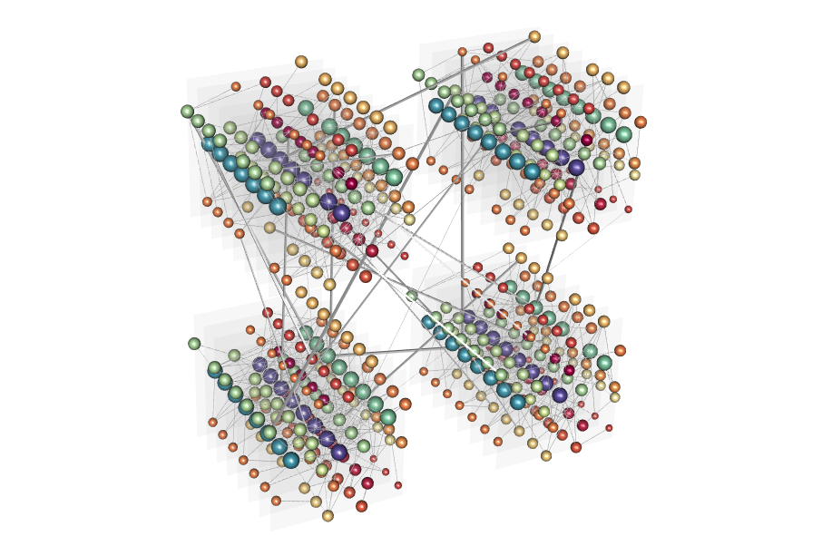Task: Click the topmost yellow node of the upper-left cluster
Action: pyautogui.click(x=301, y=62)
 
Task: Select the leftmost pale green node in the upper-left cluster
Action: pyautogui.click(x=188, y=112)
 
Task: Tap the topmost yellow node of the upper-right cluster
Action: pyautogui.click(x=534, y=36)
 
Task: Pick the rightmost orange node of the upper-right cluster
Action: pyautogui.click(x=641, y=122)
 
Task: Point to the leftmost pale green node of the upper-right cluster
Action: pyautogui.click(x=418, y=75)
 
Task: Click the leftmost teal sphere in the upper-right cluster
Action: pyautogui.click(x=436, y=105)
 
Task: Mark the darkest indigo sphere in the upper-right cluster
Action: pyautogui.click(x=576, y=167)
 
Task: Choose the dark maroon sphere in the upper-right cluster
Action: pyautogui.click(x=587, y=140)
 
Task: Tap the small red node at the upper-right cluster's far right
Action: pyautogui.click(x=628, y=209)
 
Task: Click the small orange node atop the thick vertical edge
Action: pyautogui.click(x=462, y=52)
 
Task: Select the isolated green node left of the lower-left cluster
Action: pyautogui.click(x=194, y=344)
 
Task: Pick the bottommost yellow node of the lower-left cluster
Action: pyautogui.click(x=328, y=515)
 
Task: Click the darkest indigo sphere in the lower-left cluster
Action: pyautogui.click(x=339, y=452)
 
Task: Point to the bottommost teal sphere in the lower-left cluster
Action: pyautogui.click(x=290, y=460)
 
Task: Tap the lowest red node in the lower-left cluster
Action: pyautogui.click(x=361, y=506)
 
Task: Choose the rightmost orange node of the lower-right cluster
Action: pyautogui.click(x=620, y=350)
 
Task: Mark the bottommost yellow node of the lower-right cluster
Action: pyautogui.click(x=546, y=455)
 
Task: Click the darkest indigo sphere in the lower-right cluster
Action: pyautogui.click(x=560, y=395)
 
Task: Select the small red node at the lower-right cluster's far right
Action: pyautogui.click(x=609, y=427)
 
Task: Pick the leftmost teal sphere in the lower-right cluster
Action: pyautogui.click(x=428, y=322)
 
